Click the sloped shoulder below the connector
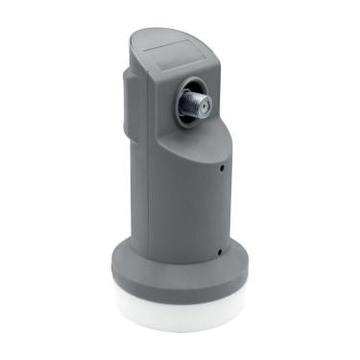(197, 144)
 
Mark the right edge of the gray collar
(250, 274)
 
